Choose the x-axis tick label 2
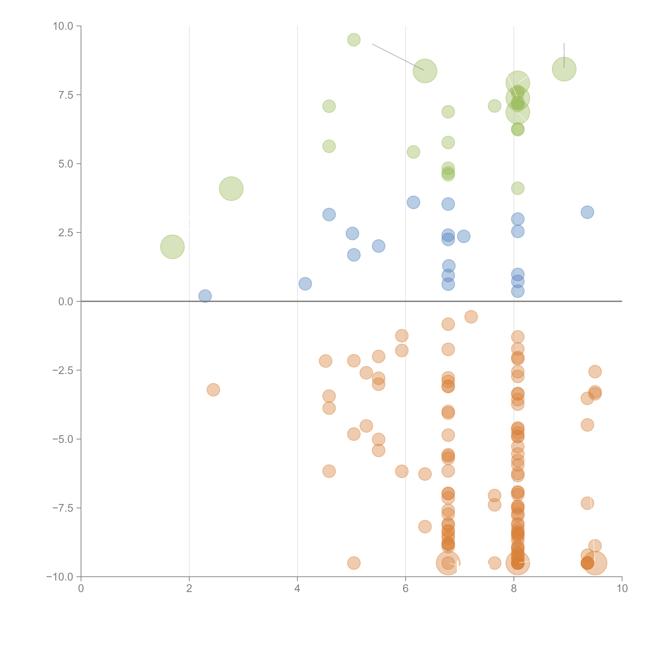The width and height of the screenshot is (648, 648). (189, 589)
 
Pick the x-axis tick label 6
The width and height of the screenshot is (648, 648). (406, 589)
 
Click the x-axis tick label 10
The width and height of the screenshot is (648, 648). (622, 589)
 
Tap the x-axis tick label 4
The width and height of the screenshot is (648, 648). (297, 589)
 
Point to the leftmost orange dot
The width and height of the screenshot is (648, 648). (213, 390)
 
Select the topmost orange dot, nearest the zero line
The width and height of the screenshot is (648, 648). (471, 317)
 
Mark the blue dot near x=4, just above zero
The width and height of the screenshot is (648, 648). (305, 284)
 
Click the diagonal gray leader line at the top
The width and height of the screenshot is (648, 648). (398, 57)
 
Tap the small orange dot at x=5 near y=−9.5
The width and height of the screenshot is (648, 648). (354, 563)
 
